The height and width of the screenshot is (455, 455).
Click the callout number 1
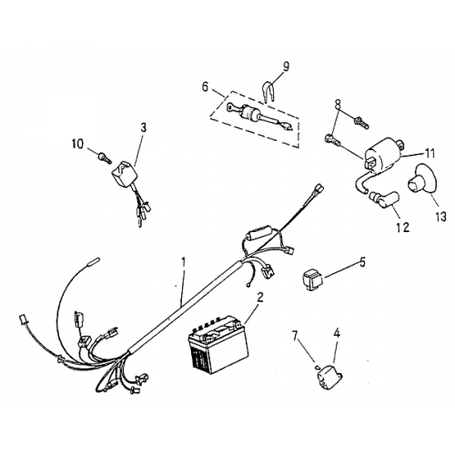click(x=184, y=262)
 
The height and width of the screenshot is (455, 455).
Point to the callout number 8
click(x=339, y=103)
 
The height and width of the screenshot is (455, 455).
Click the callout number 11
click(x=430, y=153)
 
